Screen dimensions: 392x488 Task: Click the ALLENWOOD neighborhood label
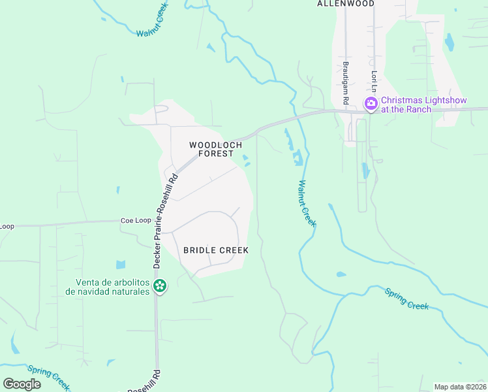346,4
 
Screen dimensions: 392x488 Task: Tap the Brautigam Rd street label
346,84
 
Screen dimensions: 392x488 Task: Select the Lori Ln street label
374,81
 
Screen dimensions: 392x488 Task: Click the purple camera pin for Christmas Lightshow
371,103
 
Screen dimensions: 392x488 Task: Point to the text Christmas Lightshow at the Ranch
415,105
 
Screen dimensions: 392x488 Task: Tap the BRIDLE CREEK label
216,250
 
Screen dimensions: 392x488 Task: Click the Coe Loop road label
136,221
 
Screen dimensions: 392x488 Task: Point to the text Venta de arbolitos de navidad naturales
112,287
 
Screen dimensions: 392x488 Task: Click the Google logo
22,384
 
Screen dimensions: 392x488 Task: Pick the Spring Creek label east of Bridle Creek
406,299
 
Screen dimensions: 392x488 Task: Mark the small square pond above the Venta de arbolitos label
121,265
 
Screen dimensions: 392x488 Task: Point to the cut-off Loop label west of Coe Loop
7,226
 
